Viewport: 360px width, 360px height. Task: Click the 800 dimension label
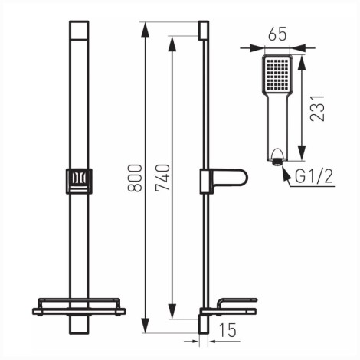coord(135,178)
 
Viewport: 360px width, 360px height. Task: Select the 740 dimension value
coord(162,178)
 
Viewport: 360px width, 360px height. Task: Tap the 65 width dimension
coord(277,34)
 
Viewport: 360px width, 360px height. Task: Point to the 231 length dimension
coord(317,108)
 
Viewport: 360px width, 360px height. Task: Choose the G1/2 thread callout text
coord(314,176)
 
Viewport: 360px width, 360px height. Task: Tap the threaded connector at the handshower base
coord(277,162)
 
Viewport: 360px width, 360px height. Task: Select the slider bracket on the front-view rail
coord(79,181)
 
